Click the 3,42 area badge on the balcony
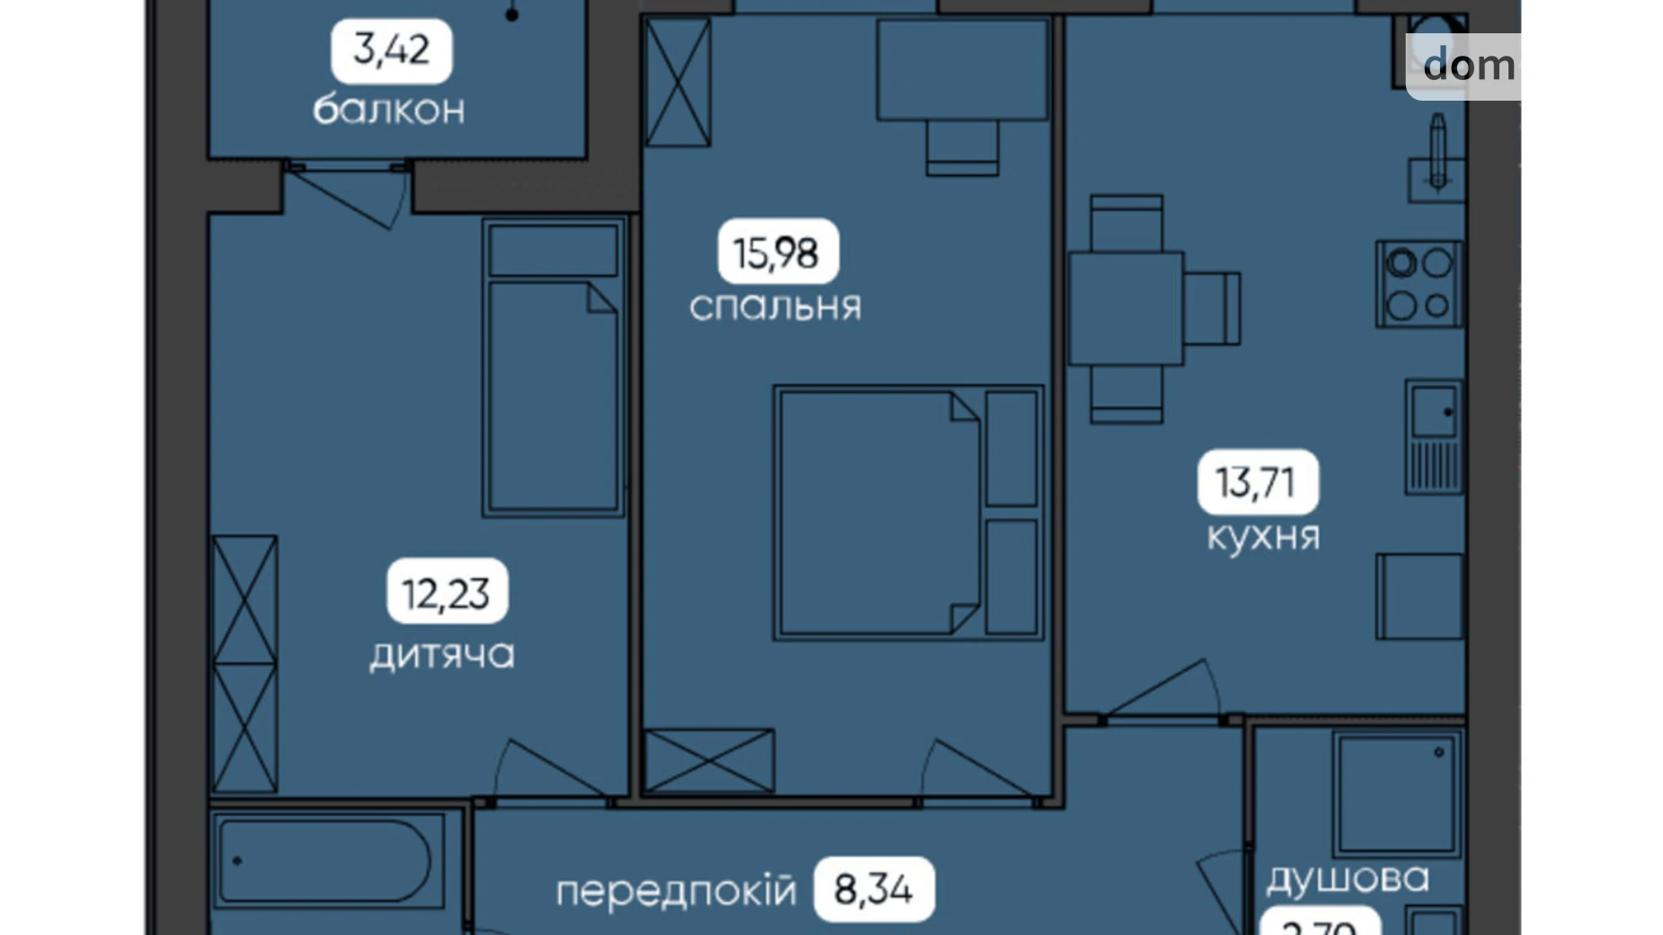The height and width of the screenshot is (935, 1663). pyautogui.click(x=391, y=50)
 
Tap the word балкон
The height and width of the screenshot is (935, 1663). pyautogui.click(x=388, y=110)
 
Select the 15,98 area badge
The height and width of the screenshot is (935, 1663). pyautogui.click(x=778, y=253)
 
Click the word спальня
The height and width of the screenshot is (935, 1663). pyautogui.click(x=775, y=307)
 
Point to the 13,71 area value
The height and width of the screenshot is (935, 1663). pyautogui.click(x=1257, y=483)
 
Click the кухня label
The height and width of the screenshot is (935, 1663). pyautogui.click(x=1263, y=537)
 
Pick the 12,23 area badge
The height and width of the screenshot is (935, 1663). pyautogui.click(x=447, y=593)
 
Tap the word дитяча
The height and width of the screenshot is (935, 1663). pyautogui.click(x=442, y=654)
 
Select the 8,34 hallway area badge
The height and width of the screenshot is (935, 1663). pyautogui.click(x=874, y=890)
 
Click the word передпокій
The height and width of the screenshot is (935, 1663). pyautogui.click(x=676, y=891)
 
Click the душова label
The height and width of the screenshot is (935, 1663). pyautogui.click(x=1347, y=878)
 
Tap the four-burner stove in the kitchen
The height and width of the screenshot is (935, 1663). pyautogui.click(x=1418, y=283)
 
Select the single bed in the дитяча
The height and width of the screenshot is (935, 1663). pyautogui.click(x=554, y=369)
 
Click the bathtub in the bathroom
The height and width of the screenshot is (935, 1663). pyautogui.click(x=328, y=861)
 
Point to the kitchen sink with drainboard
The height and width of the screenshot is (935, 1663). pyautogui.click(x=1433, y=438)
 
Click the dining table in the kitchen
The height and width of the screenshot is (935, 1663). pyautogui.click(x=1125, y=308)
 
